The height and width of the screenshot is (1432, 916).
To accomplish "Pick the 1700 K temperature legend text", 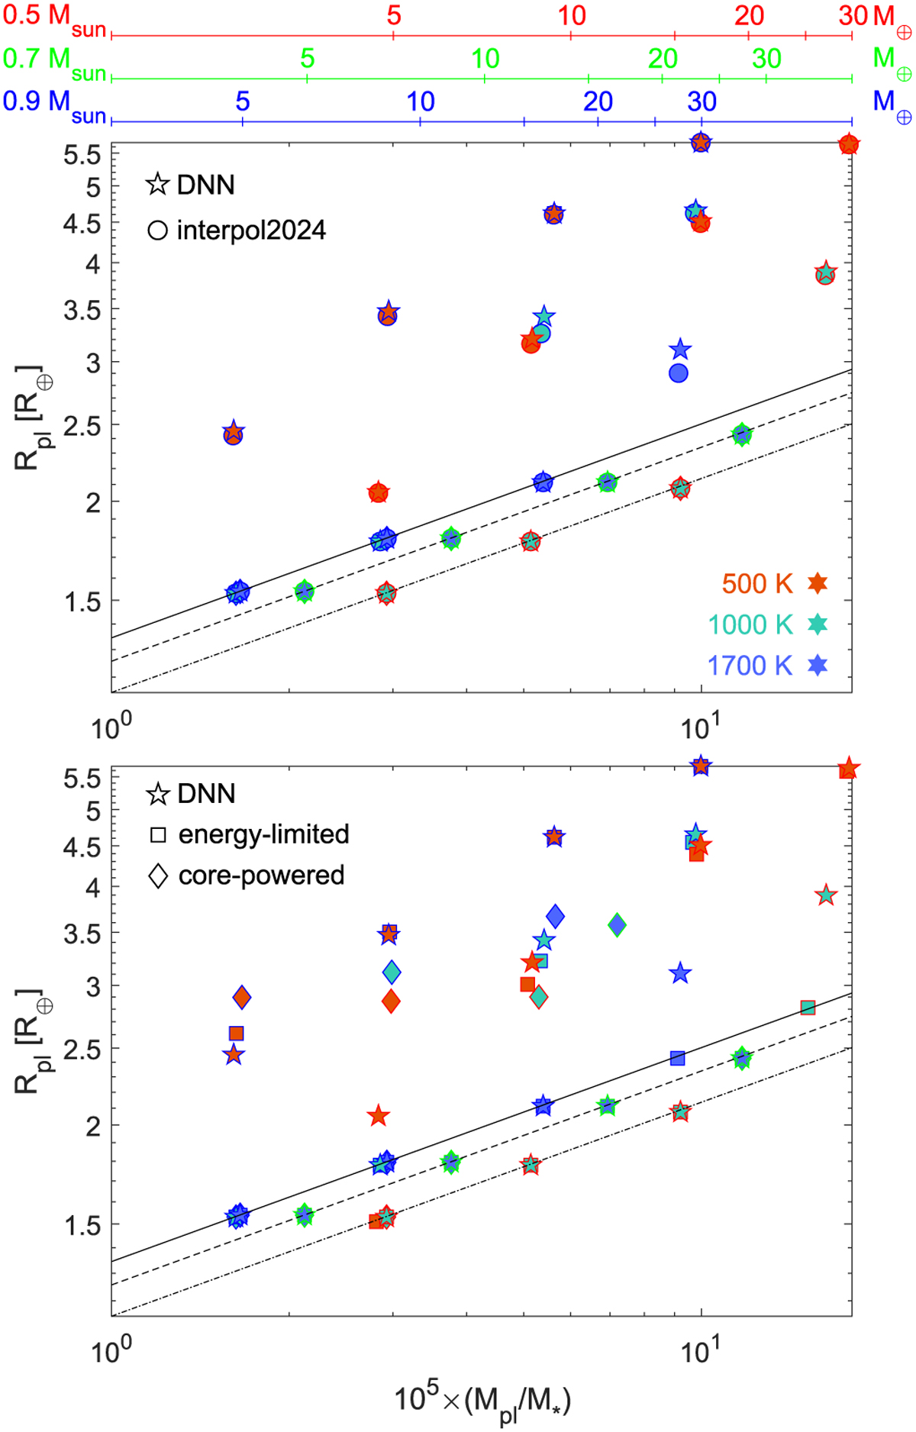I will (750, 666).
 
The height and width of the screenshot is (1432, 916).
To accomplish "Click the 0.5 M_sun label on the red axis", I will (53, 18).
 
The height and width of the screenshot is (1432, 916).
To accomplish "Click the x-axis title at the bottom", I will (482, 1401).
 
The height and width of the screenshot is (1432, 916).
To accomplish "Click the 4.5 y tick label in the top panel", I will (82, 224).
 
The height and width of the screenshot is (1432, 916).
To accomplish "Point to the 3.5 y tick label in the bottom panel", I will (82, 934).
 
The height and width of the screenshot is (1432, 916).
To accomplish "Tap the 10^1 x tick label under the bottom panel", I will (698, 1350).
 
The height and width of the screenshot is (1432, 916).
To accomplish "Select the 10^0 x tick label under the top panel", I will (111, 727).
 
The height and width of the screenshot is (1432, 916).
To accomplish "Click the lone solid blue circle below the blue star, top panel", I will (678, 373).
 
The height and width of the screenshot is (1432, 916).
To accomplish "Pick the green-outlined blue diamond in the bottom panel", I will (618, 925).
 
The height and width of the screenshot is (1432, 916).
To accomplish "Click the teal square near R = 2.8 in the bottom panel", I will (808, 1008).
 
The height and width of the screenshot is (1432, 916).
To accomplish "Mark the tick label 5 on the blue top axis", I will (243, 102).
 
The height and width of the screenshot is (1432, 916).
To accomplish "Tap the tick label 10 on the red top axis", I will (572, 16).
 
